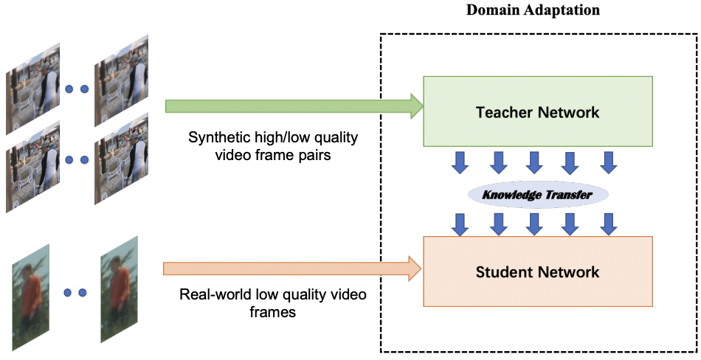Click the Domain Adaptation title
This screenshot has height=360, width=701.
pyautogui.click(x=533, y=10)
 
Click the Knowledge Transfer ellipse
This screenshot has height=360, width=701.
pyautogui.click(x=538, y=195)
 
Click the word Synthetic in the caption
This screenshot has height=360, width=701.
pyautogui.click(x=214, y=137)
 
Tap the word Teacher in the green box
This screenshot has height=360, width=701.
pyautogui.click(x=504, y=113)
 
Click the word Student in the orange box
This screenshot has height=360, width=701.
pyautogui.click(x=503, y=272)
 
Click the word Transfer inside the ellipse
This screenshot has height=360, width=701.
pyautogui.click(x=567, y=195)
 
